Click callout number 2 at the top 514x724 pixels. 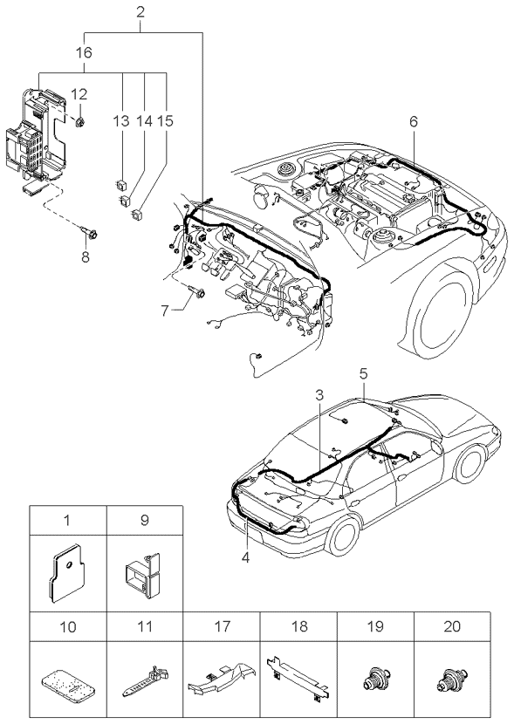[140, 12]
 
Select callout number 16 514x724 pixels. [84, 52]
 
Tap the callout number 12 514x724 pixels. [79, 95]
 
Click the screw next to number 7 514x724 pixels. [197, 291]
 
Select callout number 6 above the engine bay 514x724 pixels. [414, 121]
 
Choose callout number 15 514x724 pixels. [165, 121]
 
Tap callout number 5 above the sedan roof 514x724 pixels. [363, 373]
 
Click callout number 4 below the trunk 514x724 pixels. [245, 557]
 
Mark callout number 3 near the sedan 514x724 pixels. [319, 395]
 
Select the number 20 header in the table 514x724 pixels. [452, 626]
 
